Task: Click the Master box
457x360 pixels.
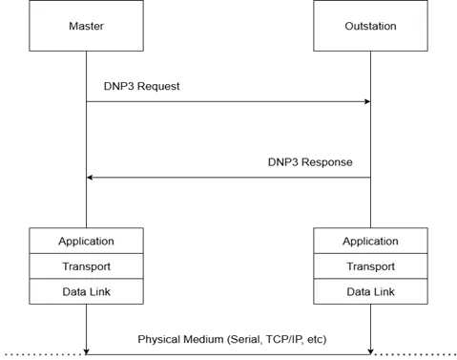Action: pyautogui.click(x=86, y=26)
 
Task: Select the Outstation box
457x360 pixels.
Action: pyautogui.click(x=370, y=26)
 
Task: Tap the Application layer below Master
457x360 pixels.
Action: pyautogui.click(x=86, y=242)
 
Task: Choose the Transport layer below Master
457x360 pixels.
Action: pyautogui.click(x=86, y=266)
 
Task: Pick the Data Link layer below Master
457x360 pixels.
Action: pyautogui.click(x=86, y=291)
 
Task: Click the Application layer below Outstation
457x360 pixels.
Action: pyautogui.click(x=370, y=242)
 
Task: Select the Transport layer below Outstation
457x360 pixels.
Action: pyautogui.click(x=370, y=266)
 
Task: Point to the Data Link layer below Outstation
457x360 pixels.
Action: pyautogui.click(x=370, y=291)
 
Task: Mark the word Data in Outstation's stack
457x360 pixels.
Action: pyautogui.click(x=358, y=291)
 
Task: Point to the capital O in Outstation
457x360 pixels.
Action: pyautogui.click(x=348, y=26)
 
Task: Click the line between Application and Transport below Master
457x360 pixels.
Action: pyautogui.click(x=86, y=254)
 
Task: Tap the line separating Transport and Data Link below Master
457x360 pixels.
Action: pyautogui.click(x=86, y=279)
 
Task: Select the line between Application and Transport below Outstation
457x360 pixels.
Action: pyautogui.click(x=370, y=254)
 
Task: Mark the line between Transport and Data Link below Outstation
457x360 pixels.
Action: pyautogui.click(x=370, y=279)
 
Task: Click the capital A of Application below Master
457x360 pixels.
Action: pyautogui.click(x=62, y=242)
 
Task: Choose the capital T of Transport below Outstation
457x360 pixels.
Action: pyautogui.click(x=349, y=266)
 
